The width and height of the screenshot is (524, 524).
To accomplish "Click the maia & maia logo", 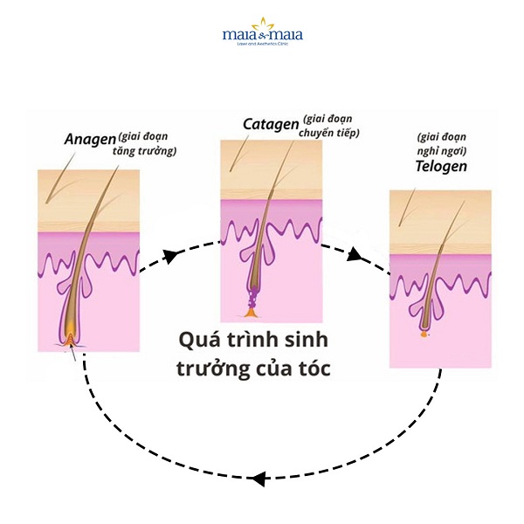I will (x=262, y=36).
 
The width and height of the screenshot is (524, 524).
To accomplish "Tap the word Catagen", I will (x=270, y=125).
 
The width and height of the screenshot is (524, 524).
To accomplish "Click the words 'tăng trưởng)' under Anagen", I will (x=145, y=152).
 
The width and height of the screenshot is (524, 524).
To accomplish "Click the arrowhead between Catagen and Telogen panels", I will (x=355, y=256).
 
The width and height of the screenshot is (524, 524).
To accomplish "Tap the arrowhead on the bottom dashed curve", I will (x=258, y=478).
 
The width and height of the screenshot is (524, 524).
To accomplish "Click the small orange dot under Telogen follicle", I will (x=424, y=333).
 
